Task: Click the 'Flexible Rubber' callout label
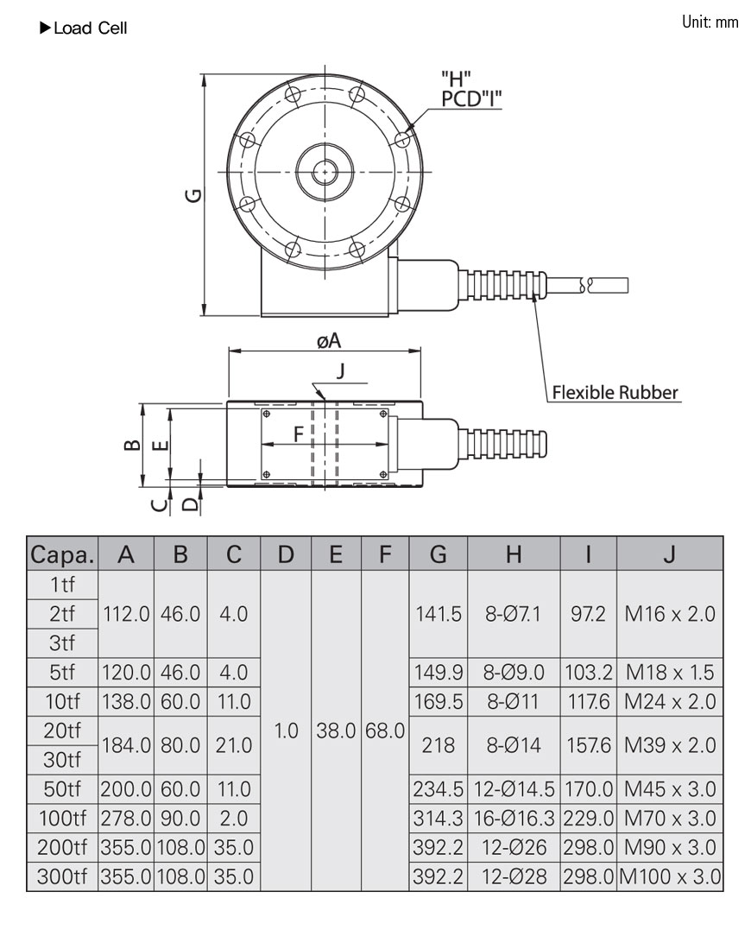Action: [615, 393]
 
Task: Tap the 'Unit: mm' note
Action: [710, 22]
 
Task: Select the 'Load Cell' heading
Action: [90, 28]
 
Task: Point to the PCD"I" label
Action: [471, 98]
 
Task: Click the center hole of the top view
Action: [325, 172]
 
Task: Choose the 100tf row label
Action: [62, 818]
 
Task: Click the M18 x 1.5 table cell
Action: [670, 673]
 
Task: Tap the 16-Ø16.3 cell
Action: [514, 818]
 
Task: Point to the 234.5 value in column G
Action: [439, 789]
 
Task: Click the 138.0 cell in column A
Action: [126, 702]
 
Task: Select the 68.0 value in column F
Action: [384, 731]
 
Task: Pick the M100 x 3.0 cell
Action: [670, 877]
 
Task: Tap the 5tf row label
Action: [62, 673]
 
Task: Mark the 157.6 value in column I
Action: [589, 744]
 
